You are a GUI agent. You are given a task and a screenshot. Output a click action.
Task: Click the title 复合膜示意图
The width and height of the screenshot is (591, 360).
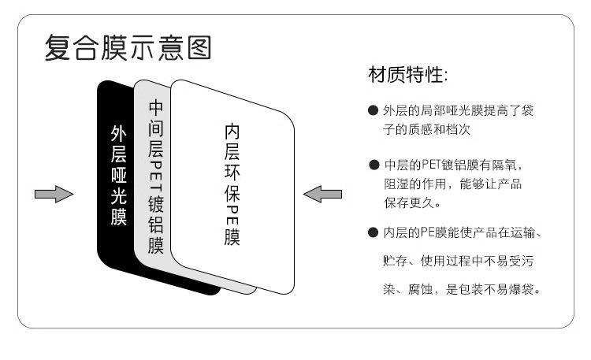click(127, 49)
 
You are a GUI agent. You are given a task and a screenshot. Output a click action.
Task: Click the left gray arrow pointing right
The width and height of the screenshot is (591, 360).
click(53, 194)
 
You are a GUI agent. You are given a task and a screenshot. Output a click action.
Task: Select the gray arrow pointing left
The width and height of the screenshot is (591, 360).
click(322, 194)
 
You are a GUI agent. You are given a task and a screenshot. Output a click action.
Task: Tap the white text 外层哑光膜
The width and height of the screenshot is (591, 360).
click(118, 176)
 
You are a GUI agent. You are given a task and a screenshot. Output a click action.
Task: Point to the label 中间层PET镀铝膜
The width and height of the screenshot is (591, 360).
click(155, 176)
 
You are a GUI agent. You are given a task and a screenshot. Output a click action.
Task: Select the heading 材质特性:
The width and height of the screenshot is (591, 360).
click(408, 76)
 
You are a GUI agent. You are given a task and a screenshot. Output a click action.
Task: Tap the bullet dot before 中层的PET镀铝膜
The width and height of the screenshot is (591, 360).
click(373, 165)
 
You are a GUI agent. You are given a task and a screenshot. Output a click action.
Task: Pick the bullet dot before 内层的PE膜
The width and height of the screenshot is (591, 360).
click(373, 232)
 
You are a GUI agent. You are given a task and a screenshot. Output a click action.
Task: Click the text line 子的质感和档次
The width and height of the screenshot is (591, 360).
click(428, 128)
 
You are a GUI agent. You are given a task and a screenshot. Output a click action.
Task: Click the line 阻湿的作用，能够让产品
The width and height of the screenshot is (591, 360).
click(453, 184)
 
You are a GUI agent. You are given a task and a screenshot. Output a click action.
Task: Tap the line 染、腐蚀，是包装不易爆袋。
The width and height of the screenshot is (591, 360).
click(461, 290)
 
